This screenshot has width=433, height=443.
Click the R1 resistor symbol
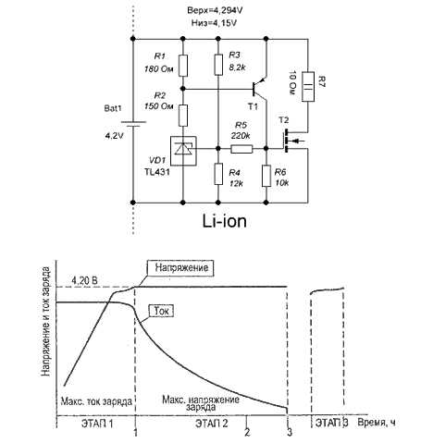pyautogui.click(x=183, y=66)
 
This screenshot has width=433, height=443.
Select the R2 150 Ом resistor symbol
pyautogui.click(x=183, y=116)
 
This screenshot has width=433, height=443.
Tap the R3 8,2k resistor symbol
pyautogui.click(x=218, y=65)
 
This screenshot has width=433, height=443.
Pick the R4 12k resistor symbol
pyautogui.click(x=218, y=174)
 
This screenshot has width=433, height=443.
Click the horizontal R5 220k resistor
pyautogui.click(x=241, y=149)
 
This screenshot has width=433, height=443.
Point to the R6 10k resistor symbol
pyautogui.click(x=266, y=176)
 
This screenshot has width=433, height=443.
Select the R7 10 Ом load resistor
pyautogui.click(x=308, y=87)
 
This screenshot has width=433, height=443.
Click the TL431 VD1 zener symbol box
pyautogui.click(x=183, y=151)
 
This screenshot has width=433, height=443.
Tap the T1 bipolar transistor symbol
pyautogui.click(x=258, y=89)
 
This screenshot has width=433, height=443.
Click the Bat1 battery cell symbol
pyautogui.click(x=133, y=124)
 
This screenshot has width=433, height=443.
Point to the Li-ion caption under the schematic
pyautogui.click(x=224, y=221)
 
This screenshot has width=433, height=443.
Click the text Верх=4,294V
pyautogui.click(x=215, y=10)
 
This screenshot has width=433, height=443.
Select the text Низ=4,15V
pyautogui.click(x=214, y=23)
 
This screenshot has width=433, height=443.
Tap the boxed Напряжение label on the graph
pyautogui.click(x=180, y=267)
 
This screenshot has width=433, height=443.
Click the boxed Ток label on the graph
pyautogui.click(x=161, y=311)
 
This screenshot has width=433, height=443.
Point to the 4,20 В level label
pyautogui.click(x=84, y=280)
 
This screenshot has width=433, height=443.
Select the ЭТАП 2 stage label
pyautogui.click(x=212, y=424)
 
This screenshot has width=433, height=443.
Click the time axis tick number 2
pyautogui.click(x=247, y=432)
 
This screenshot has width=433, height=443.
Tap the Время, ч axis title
pyautogui.click(x=377, y=423)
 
